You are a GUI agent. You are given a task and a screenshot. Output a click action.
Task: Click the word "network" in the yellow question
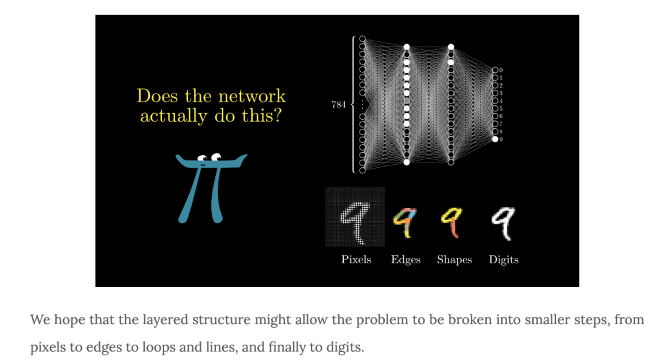252,96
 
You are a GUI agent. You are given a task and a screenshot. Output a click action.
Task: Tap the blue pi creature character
210,185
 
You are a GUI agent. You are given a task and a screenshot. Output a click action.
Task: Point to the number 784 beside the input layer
338,105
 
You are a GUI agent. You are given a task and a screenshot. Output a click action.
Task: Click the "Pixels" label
356,260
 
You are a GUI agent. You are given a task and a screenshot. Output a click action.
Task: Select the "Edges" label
406,260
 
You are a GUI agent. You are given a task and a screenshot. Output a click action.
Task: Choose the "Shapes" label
454,260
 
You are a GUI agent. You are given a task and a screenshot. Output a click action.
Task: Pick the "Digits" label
504,260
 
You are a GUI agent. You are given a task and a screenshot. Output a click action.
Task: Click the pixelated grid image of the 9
355,217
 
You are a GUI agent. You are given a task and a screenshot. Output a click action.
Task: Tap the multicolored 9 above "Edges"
406,223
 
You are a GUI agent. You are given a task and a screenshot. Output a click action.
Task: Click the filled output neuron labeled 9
495,139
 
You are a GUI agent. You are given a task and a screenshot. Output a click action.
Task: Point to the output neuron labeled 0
495,71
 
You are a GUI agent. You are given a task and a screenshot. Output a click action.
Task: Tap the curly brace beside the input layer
353,105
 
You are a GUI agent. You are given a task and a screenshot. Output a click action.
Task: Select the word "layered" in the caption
153,320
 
